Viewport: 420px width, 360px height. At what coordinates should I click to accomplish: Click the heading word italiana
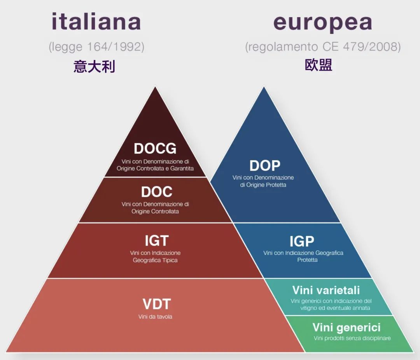coord(96,22)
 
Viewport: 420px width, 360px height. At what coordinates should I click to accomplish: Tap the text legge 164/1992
coord(96,47)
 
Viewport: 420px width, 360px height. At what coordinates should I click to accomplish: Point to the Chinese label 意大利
coord(94,67)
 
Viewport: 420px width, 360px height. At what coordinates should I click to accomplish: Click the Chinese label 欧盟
coord(318,65)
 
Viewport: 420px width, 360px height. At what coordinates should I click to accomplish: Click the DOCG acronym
coord(155,148)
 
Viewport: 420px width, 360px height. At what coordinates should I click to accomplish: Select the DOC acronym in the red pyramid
coord(156,191)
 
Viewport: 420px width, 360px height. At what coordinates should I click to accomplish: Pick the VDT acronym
coord(156,304)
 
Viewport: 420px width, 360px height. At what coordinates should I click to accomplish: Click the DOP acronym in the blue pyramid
coord(264,166)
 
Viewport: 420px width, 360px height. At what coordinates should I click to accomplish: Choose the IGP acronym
coord(301,242)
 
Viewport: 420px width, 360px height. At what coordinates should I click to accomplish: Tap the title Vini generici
coord(346,327)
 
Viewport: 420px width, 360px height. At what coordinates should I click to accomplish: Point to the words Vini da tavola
coord(155,317)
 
